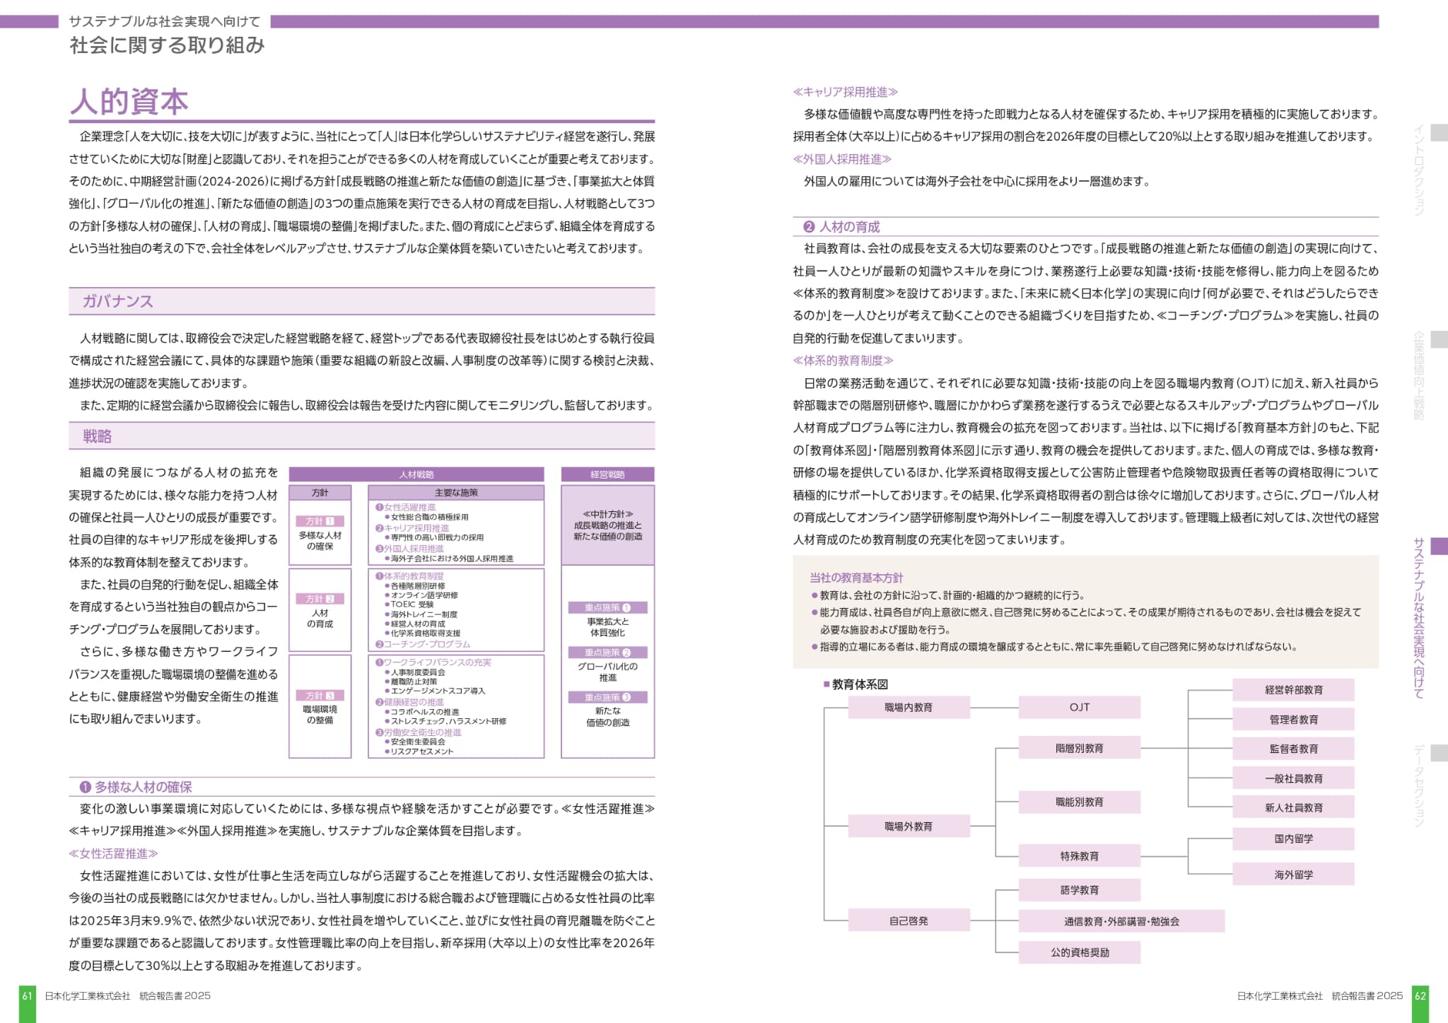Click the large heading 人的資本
[x=129, y=102]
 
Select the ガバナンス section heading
[x=118, y=301]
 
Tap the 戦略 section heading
[x=98, y=436]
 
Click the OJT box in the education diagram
[x=1079, y=707]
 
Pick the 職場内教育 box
[x=909, y=707]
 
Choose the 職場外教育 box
[x=909, y=826]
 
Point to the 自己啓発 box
[x=909, y=920]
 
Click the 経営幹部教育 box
[x=1293, y=690]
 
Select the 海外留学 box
[x=1293, y=875]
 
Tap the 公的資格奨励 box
[x=1079, y=952]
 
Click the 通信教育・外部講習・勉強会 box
[x=1121, y=921]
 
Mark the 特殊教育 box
[x=1079, y=856]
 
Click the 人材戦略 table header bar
[x=416, y=474]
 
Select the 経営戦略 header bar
[x=607, y=474]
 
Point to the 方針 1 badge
[x=320, y=521]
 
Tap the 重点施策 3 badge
[x=607, y=697]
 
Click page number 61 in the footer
[x=27, y=996]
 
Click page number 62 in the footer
[x=1420, y=996]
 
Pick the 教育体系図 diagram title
[x=859, y=684]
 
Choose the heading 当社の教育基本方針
[x=856, y=578]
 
